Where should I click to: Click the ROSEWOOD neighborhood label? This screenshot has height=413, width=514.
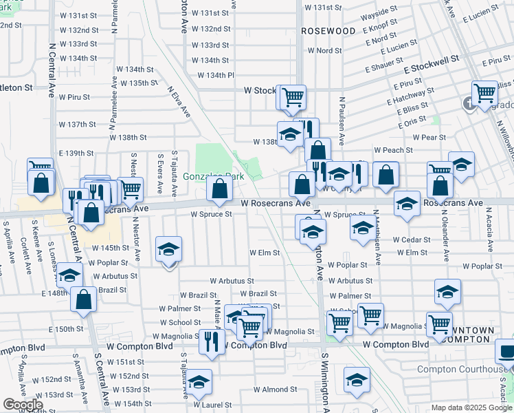click(x=328, y=32)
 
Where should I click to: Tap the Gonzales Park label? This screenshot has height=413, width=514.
click(x=213, y=176)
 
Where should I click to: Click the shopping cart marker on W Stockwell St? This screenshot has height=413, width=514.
click(x=293, y=96)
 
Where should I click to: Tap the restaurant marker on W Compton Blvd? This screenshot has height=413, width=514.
click(x=212, y=341)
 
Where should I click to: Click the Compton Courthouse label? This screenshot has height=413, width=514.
click(x=461, y=370)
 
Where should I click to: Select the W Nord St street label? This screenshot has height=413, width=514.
click(x=325, y=51)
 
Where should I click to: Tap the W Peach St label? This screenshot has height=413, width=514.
click(x=393, y=150)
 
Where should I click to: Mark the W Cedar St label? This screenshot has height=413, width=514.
click(x=412, y=240)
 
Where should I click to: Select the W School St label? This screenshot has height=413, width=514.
click(x=180, y=322)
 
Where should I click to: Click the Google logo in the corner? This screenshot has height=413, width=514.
click(x=23, y=405)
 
